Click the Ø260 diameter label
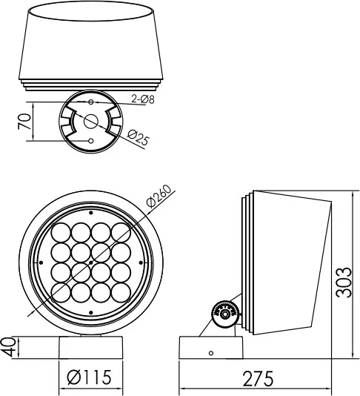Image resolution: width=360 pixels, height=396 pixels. (x=159, y=196)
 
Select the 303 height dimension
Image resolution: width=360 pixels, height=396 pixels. (x=344, y=282)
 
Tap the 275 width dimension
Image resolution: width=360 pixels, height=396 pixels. (x=258, y=378)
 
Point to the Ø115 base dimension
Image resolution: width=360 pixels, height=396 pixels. (x=90, y=377)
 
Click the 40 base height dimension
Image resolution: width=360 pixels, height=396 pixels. (x=9, y=348)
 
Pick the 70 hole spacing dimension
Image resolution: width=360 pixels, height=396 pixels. (x=24, y=122)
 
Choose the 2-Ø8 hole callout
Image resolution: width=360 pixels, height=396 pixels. (x=143, y=99)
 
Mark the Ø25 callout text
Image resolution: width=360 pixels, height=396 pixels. (x=139, y=138)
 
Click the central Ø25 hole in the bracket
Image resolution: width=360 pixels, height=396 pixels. (x=91, y=122)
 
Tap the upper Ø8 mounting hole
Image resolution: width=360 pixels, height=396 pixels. (x=91, y=102)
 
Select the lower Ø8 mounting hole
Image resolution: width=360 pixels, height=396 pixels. (x=91, y=141)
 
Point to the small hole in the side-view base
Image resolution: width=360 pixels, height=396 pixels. (x=211, y=353)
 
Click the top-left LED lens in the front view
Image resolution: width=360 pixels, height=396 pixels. (x=61, y=233)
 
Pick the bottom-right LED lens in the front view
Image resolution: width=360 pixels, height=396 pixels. (x=121, y=293)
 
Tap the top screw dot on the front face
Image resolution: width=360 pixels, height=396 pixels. (x=91, y=213)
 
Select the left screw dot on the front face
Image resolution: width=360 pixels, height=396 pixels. (x=41, y=263)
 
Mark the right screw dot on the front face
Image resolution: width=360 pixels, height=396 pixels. (x=141, y=263)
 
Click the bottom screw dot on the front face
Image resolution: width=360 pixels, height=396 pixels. (x=91, y=313)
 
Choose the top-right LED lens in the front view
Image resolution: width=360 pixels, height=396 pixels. (x=121, y=233)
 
